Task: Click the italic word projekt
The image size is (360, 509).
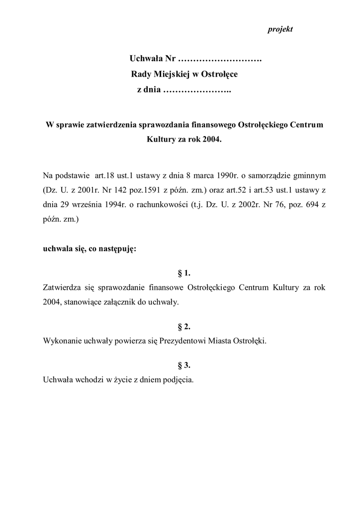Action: pos(280,29)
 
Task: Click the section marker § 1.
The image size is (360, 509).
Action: pos(184,273)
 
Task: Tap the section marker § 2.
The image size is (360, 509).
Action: pos(184,327)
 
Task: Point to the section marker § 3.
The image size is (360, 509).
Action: pos(184,365)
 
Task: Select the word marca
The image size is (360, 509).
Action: pos(180,175)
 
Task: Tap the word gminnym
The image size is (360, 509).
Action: pos(308,175)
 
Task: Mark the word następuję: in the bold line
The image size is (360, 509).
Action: pos(115,249)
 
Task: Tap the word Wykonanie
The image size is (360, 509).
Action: pos(60,341)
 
